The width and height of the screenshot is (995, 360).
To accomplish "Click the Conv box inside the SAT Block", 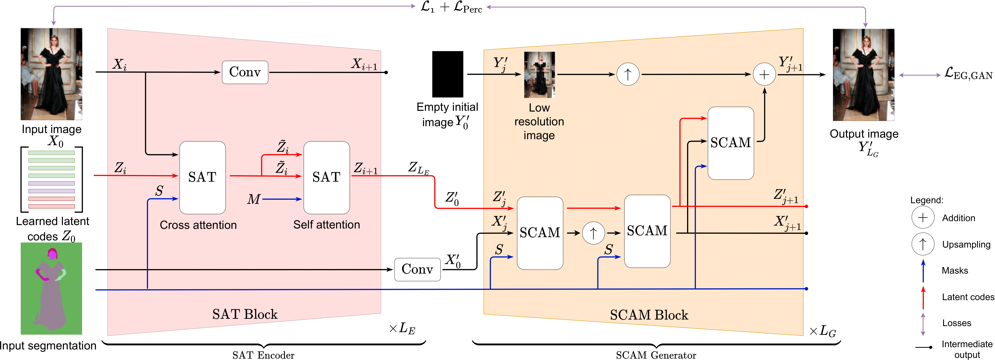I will click(245, 72).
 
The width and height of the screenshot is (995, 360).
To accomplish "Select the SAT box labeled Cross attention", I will click(202, 177).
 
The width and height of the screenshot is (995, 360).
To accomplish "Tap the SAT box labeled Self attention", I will click(326, 177).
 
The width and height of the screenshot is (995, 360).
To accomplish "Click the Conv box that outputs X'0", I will click(417, 269).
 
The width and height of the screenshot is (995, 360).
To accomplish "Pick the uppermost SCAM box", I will click(730, 143).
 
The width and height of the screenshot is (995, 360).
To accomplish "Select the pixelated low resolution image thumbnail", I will click(539, 75).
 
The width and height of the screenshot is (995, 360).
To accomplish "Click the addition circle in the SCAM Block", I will click(764, 75).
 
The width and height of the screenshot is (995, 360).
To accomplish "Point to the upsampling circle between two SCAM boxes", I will click(593, 233).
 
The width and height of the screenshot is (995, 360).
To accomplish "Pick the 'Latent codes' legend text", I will click(968, 297).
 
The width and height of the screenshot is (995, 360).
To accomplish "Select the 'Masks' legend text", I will click(955, 270).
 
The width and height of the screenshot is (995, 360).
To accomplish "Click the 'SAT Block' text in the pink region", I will click(245, 314).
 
